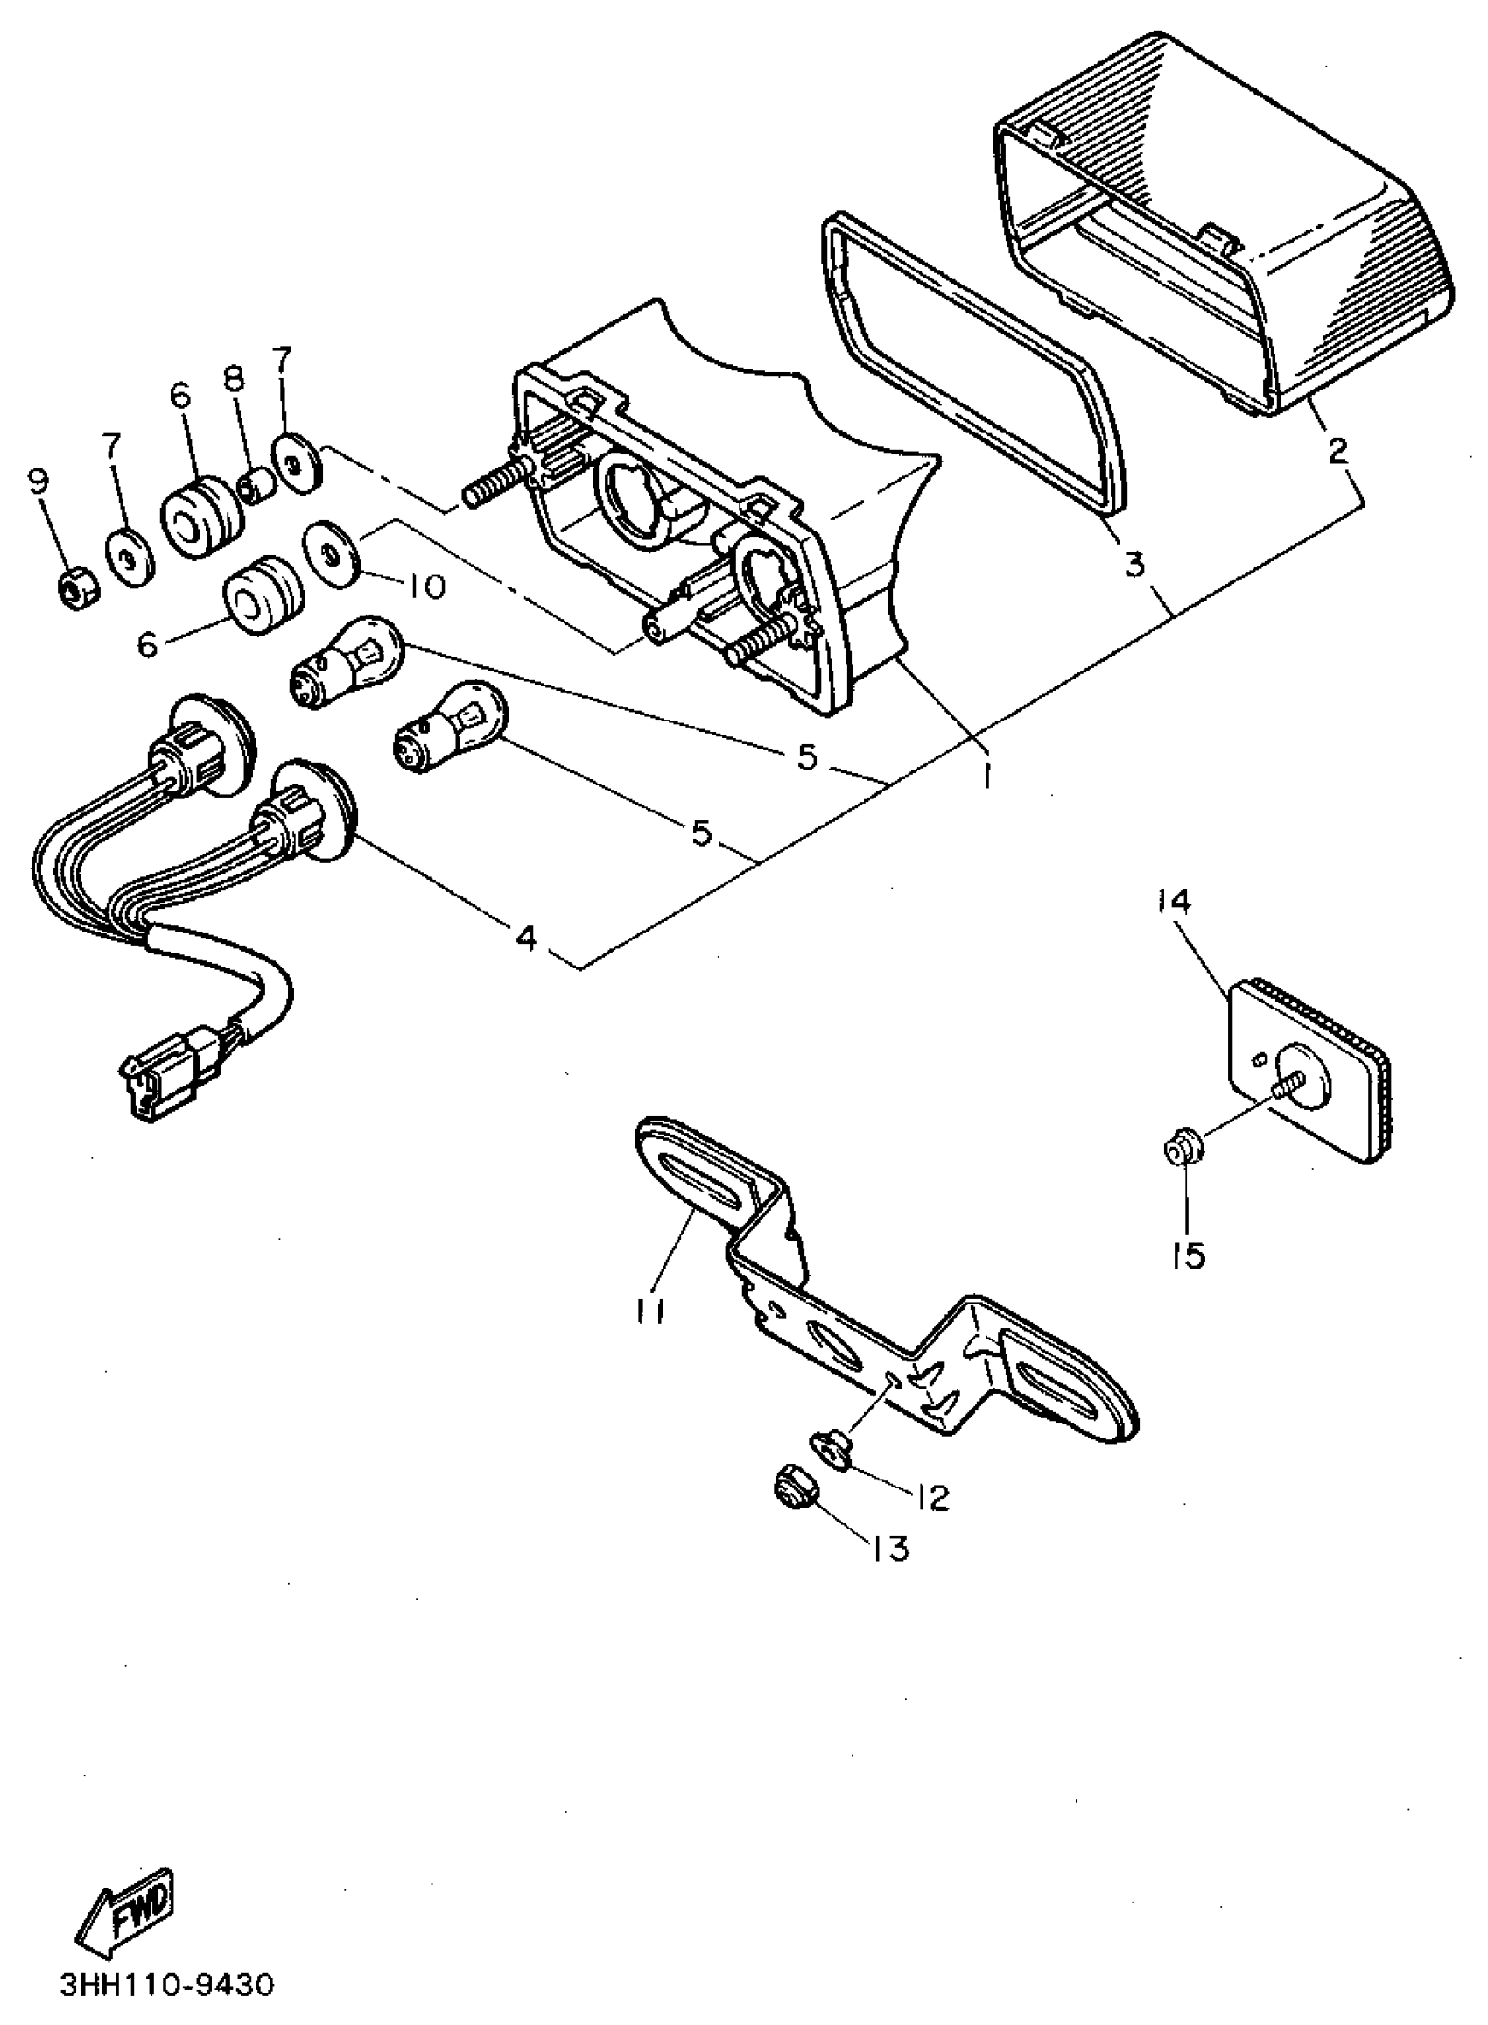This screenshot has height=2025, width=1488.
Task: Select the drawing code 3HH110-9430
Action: pos(166,1986)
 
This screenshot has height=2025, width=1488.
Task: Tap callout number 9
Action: pos(37,484)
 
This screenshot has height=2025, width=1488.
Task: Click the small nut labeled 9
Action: pos(72,590)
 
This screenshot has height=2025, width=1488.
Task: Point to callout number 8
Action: pos(234,379)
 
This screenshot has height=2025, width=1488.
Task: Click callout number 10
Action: pos(425,587)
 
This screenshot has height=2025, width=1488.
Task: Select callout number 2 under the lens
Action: pos(1338,449)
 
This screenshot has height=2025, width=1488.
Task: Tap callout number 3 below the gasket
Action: pos(1134,565)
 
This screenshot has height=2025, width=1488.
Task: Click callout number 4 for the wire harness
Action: pos(526,937)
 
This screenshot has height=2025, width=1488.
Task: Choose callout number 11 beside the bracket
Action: pos(648,1313)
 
